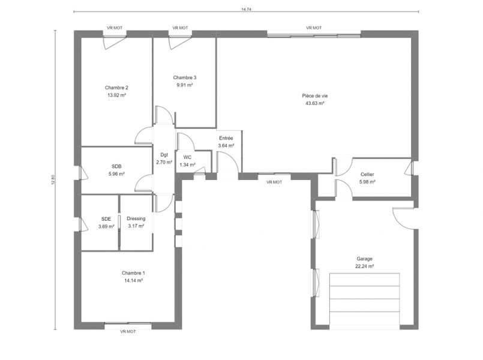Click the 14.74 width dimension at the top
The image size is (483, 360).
[x=245, y=9]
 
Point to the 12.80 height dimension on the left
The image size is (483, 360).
[x=53, y=180]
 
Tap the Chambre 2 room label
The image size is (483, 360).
[x=116, y=88]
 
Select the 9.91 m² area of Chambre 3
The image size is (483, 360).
[x=185, y=85]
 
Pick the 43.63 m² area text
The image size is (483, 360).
[x=314, y=103]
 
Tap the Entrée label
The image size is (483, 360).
[x=226, y=138]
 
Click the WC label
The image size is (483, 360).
[x=187, y=157]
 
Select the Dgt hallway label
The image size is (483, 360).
[x=164, y=155]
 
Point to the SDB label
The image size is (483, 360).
[x=116, y=166]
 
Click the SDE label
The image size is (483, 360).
[x=106, y=219]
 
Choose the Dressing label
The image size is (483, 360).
[x=136, y=218]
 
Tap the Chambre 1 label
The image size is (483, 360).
[x=133, y=273]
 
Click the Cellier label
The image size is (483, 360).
[x=367, y=175]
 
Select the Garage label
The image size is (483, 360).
[x=364, y=259]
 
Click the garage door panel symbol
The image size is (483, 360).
[x=364, y=299]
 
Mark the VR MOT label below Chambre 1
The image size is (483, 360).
[x=128, y=332]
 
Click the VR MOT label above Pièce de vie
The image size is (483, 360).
[x=314, y=28]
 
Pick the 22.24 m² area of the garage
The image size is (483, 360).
[x=364, y=266]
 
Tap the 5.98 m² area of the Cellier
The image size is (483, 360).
[x=367, y=182]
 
